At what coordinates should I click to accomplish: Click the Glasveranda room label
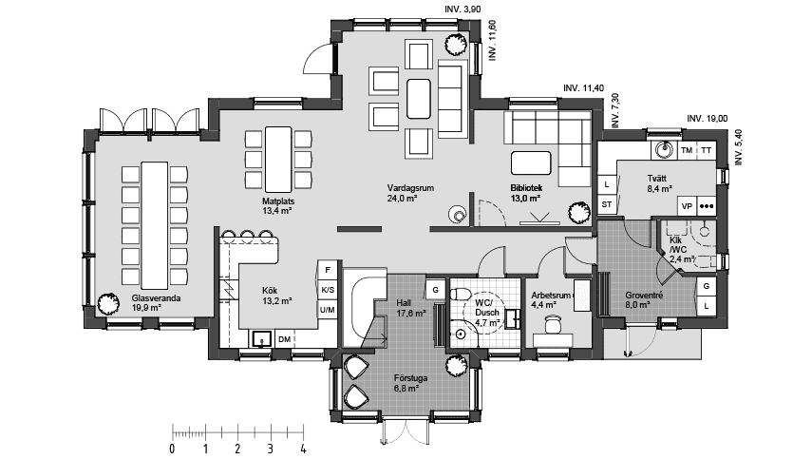[156, 298]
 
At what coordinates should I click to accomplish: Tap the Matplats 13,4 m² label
[277, 205]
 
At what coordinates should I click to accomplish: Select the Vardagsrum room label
[410, 188]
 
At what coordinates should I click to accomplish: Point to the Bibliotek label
[526, 188]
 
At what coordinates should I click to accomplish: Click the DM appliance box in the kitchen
[284, 339]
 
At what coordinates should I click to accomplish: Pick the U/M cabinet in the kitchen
[328, 310]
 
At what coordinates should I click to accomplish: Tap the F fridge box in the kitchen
[328, 270]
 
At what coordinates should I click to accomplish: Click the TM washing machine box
[687, 150]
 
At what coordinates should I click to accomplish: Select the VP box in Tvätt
[687, 205]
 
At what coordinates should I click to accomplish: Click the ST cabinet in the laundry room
[607, 204]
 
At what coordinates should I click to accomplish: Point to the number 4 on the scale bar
[303, 449]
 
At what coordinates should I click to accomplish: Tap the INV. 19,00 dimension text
[707, 119]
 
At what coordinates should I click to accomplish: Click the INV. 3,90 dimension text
[463, 10]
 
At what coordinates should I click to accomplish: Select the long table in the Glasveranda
[155, 225]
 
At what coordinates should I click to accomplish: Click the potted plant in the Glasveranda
[107, 303]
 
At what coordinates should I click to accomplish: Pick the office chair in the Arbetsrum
[553, 324]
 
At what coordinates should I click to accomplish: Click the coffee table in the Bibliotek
[531, 163]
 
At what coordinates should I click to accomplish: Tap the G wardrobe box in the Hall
[435, 290]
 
